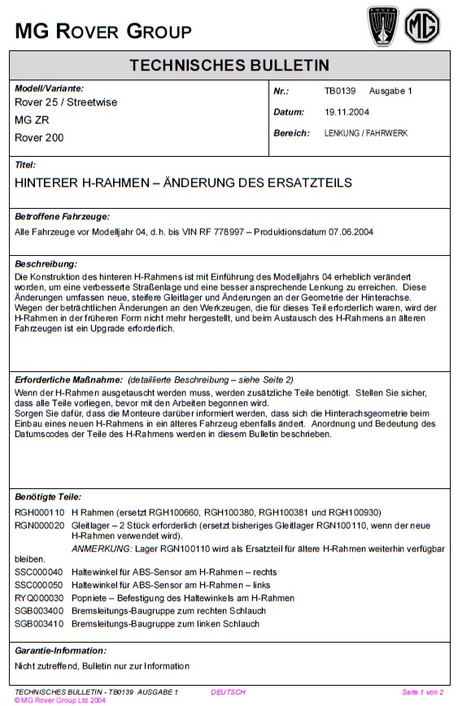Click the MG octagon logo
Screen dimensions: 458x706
coord(423,26)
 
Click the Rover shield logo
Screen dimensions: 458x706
coord(383,26)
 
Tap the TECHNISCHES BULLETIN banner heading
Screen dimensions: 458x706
coord(229,66)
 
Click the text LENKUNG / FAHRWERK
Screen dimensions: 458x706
coord(366,132)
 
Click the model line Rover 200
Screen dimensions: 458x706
coord(39,138)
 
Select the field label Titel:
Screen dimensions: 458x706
coord(26,165)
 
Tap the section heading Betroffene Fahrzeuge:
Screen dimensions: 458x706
coord(62,217)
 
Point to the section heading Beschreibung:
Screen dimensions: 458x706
coord(46,264)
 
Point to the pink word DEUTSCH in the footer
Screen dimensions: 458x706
coord(228,692)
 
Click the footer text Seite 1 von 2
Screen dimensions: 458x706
coord(422,692)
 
